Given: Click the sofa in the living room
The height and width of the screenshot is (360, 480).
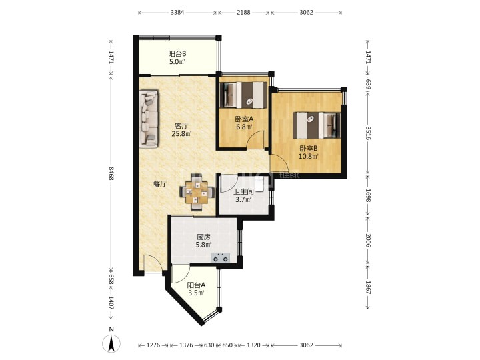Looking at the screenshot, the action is click(x=149, y=119).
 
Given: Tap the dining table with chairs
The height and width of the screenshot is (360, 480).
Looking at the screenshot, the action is click(x=197, y=193).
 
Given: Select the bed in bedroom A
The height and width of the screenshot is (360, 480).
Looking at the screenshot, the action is click(x=244, y=95).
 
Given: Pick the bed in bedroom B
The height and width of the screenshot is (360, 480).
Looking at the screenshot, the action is click(x=317, y=125).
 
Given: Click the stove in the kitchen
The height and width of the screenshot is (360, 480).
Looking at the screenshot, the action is click(x=221, y=257).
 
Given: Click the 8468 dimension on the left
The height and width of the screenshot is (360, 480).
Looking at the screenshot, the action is click(x=111, y=173).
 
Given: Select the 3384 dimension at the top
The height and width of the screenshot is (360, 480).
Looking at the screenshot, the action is click(x=177, y=13).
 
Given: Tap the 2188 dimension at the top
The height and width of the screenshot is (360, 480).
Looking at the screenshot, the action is click(x=244, y=13).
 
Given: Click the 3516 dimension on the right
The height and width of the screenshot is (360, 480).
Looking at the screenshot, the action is click(x=368, y=133).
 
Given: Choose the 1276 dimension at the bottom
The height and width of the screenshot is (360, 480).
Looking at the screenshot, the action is click(x=153, y=345).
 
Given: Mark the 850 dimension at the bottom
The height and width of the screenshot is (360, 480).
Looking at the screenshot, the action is click(x=227, y=345).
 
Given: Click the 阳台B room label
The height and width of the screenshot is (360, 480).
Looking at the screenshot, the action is click(x=177, y=54).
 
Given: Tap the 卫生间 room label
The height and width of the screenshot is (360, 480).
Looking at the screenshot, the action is click(x=244, y=192).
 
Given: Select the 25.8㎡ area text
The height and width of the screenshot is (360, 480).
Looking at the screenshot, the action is click(x=182, y=134).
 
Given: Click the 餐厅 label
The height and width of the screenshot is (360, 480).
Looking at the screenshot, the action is click(x=160, y=184).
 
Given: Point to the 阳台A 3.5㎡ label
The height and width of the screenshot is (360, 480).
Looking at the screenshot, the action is click(x=196, y=289).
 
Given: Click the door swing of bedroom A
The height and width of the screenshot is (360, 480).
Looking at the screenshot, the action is click(x=256, y=140).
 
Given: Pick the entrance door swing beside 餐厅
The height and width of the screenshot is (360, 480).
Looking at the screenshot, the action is click(x=153, y=263).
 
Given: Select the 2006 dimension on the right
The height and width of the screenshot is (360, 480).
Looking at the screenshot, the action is click(x=368, y=241).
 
